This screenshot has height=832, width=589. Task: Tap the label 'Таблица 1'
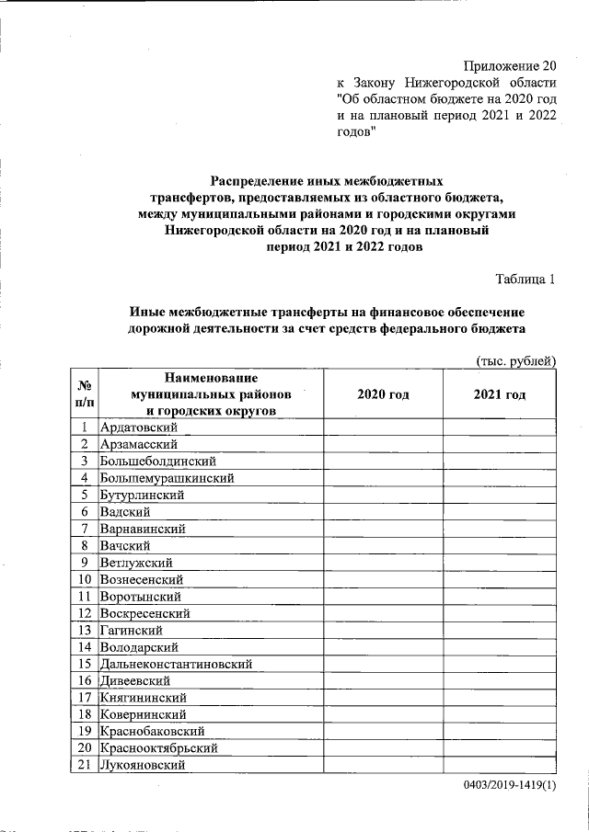(525, 279)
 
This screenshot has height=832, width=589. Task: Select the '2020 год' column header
(383, 394)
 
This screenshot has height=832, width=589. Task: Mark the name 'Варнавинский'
(144, 529)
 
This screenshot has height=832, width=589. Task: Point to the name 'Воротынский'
(140, 596)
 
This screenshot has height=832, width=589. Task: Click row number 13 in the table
(84, 630)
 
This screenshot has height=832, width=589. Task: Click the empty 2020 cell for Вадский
(383, 511)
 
